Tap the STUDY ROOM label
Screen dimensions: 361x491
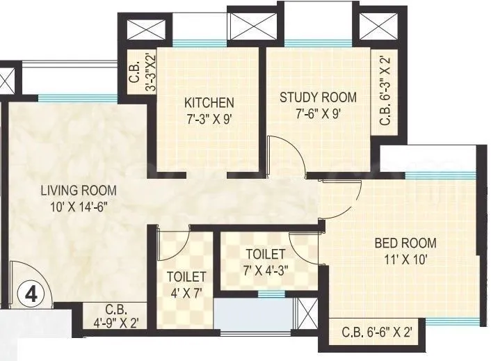pyautogui.click(x=318, y=97)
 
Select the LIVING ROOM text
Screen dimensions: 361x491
pyautogui.click(x=78, y=191)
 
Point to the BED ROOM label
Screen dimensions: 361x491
pyautogui.click(x=405, y=243)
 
